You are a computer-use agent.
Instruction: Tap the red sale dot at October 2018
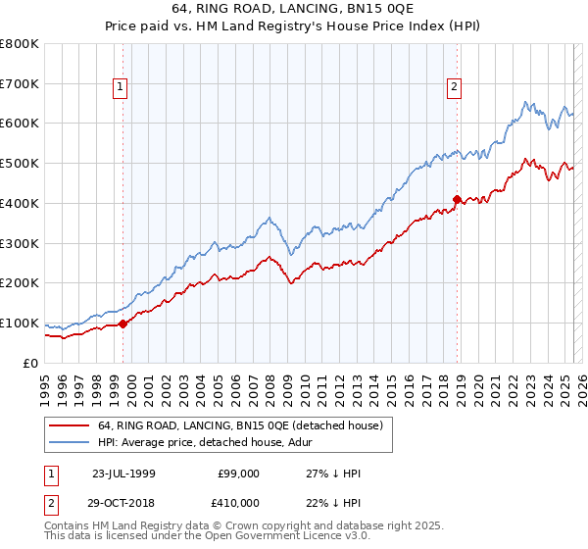pos(457,199)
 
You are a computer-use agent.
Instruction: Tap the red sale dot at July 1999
pos(122,323)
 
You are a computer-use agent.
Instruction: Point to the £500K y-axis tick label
pos(20,163)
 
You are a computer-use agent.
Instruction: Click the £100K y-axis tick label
pos(20,323)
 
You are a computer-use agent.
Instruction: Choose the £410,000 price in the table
pos(239,503)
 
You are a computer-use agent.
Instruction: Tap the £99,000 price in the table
pos(239,473)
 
